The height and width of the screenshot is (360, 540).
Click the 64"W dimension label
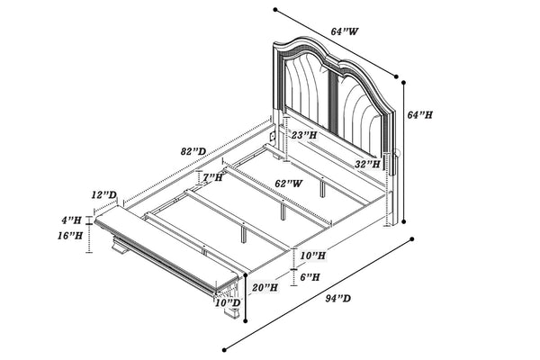coord(345,31)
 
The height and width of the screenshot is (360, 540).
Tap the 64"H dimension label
coord(419,114)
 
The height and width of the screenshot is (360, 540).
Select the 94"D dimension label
coord(338,298)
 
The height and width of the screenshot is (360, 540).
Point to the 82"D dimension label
coord(193,151)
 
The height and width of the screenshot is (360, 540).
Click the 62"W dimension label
coord(289,184)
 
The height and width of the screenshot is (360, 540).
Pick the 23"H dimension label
coord(304,135)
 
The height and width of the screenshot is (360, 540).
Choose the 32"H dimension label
coord(367,164)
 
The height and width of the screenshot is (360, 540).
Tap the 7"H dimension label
coord(212,177)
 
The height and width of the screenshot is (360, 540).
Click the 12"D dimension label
coord(104,195)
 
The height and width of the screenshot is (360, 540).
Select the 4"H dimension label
coord(72,220)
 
